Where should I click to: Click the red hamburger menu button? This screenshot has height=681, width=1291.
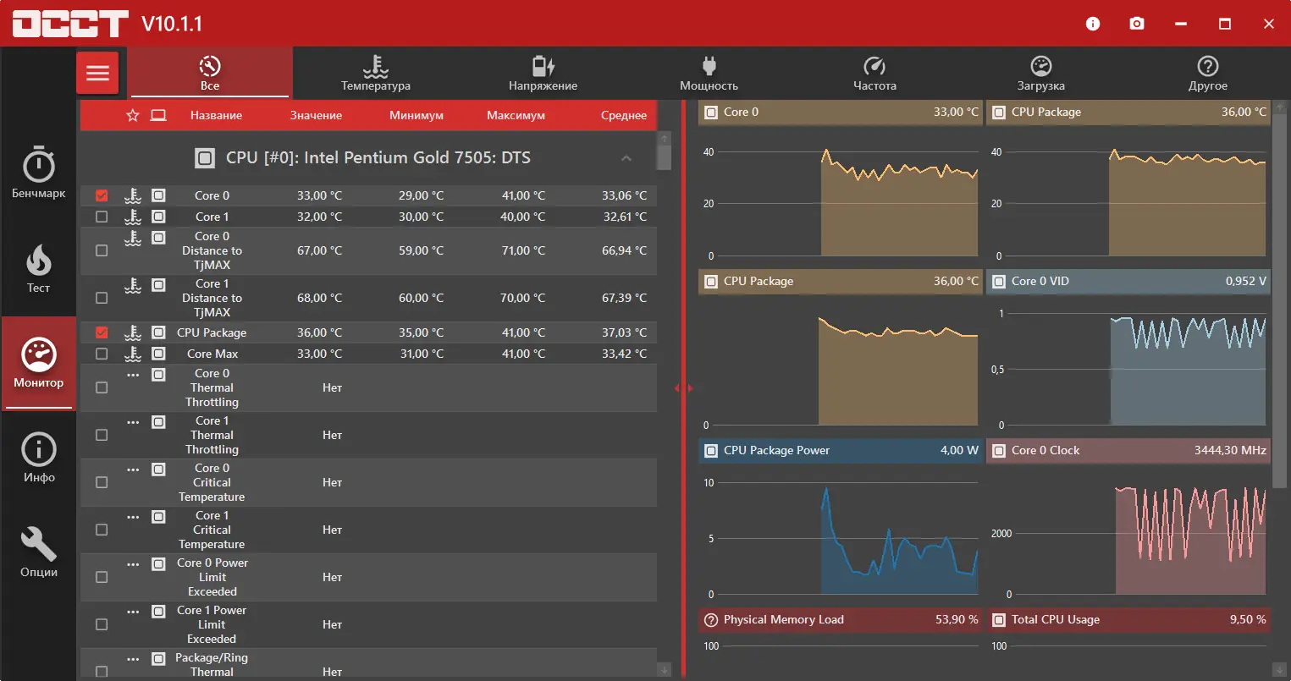click(97, 73)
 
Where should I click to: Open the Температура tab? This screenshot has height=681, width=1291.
click(375, 74)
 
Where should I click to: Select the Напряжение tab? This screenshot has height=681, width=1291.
click(543, 74)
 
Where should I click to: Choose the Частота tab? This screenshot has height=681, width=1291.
click(874, 74)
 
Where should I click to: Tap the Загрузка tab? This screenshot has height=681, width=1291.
click(1040, 74)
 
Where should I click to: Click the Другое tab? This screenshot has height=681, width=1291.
click(1207, 74)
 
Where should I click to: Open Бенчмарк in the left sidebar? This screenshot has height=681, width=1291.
click(38, 173)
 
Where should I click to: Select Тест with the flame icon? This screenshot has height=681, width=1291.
click(38, 269)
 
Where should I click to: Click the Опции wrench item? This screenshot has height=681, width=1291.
click(38, 552)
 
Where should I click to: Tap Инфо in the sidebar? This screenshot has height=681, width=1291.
click(38, 458)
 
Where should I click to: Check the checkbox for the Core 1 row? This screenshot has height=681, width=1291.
click(102, 217)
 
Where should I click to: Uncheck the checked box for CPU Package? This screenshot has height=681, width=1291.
click(102, 332)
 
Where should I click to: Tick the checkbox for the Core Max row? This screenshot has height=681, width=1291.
click(102, 354)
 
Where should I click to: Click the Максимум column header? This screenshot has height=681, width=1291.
click(516, 115)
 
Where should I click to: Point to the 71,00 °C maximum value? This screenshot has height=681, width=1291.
click(522, 250)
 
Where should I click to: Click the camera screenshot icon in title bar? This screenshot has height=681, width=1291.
click(1137, 24)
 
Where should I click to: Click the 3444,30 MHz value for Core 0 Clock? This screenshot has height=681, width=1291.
click(1230, 450)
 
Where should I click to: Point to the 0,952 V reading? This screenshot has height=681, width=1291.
click(1245, 281)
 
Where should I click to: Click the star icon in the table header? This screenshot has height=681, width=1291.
click(133, 115)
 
